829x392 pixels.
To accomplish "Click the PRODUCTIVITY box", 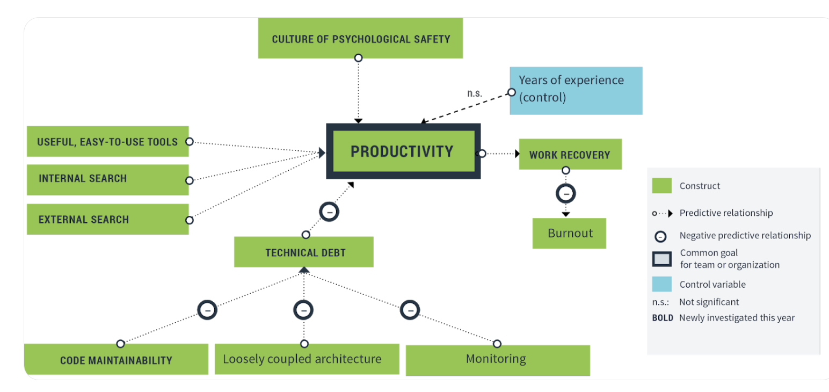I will click(x=403, y=151).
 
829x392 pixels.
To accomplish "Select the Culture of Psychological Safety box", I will click(x=360, y=39).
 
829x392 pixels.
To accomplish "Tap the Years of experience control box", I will click(x=576, y=90).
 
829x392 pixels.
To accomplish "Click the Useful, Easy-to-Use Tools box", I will click(x=107, y=142).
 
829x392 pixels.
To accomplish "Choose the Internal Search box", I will click(x=107, y=179).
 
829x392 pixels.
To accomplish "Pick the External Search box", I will click(x=107, y=219).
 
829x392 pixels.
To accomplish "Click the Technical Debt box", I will click(x=304, y=252).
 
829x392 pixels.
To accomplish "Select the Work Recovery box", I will click(x=570, y=155).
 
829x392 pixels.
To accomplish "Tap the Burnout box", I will click(x=570, y=233).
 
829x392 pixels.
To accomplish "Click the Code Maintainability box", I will click(x=116, y=360).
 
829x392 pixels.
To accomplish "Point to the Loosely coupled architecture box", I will click(x=306, y=359).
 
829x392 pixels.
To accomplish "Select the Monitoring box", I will click(x=497, y=359).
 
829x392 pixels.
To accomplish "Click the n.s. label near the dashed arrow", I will click(x=475, y=93).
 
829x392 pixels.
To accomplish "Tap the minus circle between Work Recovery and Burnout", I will click(x=565, y=193).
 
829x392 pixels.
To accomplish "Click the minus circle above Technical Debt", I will click(x=330, y=212).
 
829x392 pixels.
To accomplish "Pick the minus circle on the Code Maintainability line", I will click(x=208, y=310).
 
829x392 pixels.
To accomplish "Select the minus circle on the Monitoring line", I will click(x=410, y=310).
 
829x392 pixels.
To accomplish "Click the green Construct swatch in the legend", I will click(x=661, y=186).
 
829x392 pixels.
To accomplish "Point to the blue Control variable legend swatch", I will click(x=661, y=284).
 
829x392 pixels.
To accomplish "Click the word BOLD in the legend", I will click(x=663, y=317).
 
